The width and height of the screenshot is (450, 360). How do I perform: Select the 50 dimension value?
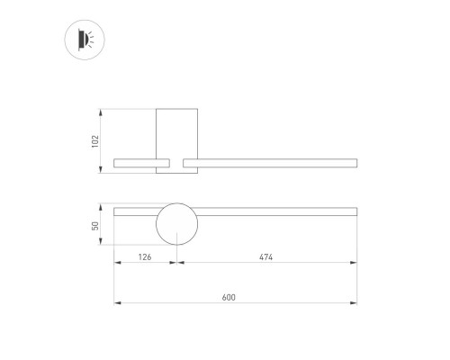coord(95,226)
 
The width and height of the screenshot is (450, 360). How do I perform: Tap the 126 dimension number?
coord(144,257)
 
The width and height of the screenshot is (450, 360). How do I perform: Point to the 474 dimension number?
coord(265,257)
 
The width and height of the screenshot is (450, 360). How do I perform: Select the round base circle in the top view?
coord(175,225)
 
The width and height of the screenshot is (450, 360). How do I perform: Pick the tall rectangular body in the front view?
coord(175,130)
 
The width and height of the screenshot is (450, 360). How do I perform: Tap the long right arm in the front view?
coord(270,163)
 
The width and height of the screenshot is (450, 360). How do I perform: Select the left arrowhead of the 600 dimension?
coord(116,303)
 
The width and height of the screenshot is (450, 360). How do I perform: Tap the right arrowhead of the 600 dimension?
coord(355,303)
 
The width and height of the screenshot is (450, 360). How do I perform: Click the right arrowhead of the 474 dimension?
coord(355,263)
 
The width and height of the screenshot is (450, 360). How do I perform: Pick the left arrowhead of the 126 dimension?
coord(116,263)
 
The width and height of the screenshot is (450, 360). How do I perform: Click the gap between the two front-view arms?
coord(176,163)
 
